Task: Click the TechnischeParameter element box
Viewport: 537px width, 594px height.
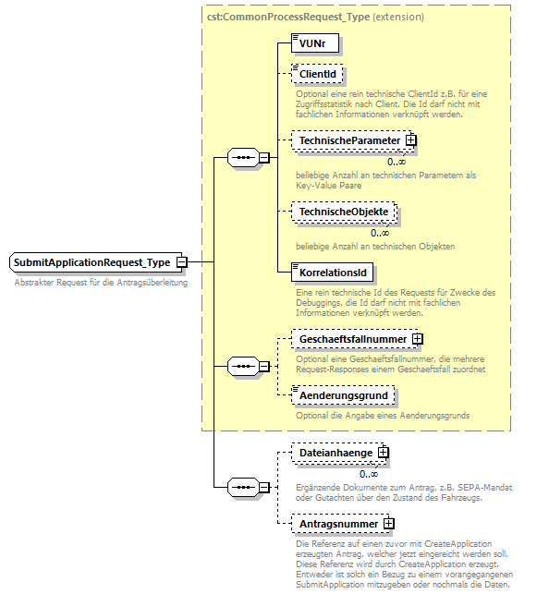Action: click(348, 140)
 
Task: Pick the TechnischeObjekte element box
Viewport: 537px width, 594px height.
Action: click(343, 212)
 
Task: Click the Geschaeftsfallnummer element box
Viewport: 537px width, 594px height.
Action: click(352, 339)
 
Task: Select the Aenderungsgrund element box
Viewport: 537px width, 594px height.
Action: click(343, 395)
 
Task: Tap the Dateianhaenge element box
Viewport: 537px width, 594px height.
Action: click(334, 453)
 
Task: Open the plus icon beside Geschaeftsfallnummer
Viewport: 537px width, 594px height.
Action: click(418, 339)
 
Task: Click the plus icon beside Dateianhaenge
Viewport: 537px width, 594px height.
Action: click(383, 453)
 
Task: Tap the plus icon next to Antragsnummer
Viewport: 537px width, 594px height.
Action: click(389, 524)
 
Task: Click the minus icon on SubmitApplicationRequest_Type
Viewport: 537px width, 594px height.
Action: click(182, 262)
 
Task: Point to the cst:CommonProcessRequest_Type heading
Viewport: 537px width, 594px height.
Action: click(314, 16)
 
